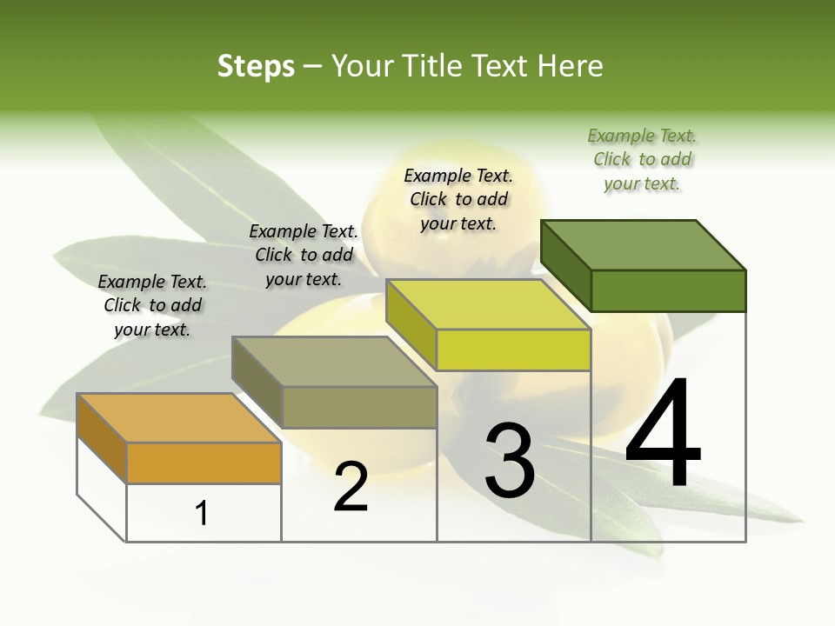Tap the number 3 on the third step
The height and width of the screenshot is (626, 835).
[x=510, y=461]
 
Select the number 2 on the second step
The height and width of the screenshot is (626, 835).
[x=351, y=487]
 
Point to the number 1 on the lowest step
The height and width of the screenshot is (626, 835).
[x=202, y=514]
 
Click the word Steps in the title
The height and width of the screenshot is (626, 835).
[x=256, y=66]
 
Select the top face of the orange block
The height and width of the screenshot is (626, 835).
[x=178, y=418]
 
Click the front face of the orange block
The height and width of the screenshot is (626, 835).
[x=204, y=463]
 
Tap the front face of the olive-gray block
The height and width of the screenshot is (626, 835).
[x=359, y=407]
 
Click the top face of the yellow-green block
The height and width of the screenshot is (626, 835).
[x=488, y=304]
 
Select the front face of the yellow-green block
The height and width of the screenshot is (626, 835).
[x=513, y=350]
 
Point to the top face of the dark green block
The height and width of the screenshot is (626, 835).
[x=643, y=245]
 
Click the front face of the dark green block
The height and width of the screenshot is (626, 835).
[x=668, y=290]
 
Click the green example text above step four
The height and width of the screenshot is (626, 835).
[x=643, y=160]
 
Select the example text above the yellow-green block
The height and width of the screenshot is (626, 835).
[x=459, y=199]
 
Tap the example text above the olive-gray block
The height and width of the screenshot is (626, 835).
[x=304, y=255]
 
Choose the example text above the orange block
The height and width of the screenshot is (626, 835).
[x=152, y=305]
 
